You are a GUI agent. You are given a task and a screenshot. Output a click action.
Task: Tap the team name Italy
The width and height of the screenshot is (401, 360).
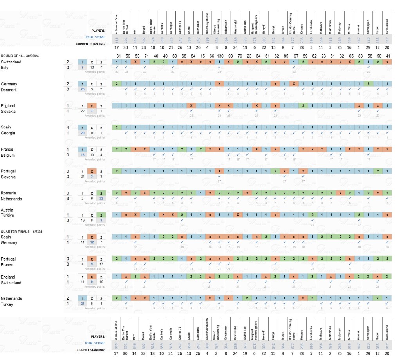coord(6,68)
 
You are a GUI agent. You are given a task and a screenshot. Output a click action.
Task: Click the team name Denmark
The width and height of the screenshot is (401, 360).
coord(9,90)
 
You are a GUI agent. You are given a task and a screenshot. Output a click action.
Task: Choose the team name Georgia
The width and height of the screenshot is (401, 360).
coord(9,133)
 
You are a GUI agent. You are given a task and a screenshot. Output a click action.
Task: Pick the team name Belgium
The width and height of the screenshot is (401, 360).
coord(9,155)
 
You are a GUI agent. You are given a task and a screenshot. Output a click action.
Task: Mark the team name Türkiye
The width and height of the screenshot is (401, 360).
coord(8,215)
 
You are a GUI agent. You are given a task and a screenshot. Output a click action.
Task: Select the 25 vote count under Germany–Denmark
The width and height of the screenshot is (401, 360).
coord(82,90)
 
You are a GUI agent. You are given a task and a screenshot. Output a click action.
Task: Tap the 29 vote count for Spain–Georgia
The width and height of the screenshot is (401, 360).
coord(82,133)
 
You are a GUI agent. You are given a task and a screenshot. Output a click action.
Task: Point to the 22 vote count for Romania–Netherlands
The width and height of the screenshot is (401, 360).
coord(101,199)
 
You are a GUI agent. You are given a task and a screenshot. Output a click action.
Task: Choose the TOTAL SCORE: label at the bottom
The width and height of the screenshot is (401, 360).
coord(96,343)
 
